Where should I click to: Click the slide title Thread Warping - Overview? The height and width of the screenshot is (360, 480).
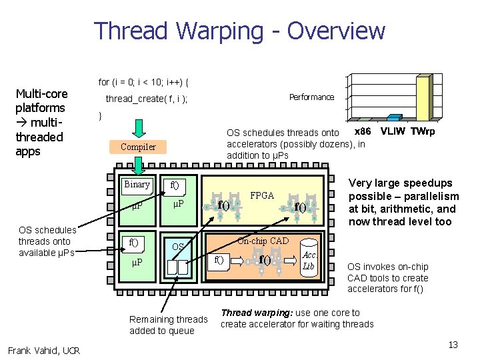point(239,31)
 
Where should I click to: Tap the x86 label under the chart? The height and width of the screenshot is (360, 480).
point(363,131)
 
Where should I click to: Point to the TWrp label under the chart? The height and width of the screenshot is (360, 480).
point(422,131)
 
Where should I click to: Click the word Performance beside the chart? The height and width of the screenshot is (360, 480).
point(311,97)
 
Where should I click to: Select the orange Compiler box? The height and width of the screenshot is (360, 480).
point(138,147)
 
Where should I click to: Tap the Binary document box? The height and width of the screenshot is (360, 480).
point(137,185)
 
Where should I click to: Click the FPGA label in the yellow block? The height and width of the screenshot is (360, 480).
point(262,195)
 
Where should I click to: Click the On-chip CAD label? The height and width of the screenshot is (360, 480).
point(263,241)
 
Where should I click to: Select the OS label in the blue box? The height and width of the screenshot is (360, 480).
point(178,247)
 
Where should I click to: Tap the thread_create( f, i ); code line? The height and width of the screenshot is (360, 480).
point(147,99)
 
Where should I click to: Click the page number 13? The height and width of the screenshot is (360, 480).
point(453,345)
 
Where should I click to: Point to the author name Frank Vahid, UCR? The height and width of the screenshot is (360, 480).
point(44,351)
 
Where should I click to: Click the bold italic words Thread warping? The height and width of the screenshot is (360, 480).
point(251,313)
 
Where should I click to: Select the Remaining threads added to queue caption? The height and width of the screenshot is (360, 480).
point(168,325)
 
